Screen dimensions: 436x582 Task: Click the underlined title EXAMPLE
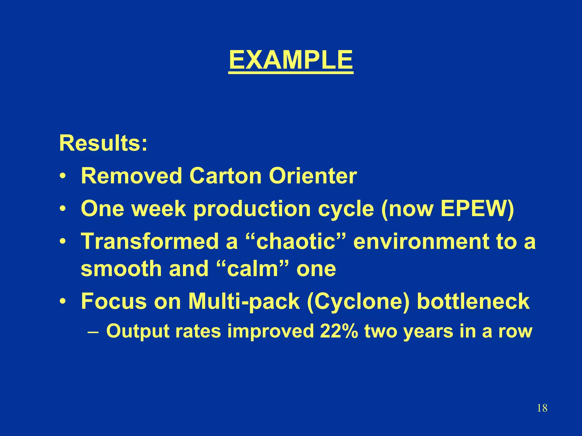coord(291,60)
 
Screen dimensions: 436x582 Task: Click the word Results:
coord(103,143)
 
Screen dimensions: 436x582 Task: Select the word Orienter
coord(313,176)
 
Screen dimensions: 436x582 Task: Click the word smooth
coord(121,269)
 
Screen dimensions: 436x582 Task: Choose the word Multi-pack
coord(244,301)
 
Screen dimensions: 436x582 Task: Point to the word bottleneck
coord(473,301)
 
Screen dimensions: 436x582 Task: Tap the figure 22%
coord(338,331)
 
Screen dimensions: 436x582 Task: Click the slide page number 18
coord(542,408)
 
